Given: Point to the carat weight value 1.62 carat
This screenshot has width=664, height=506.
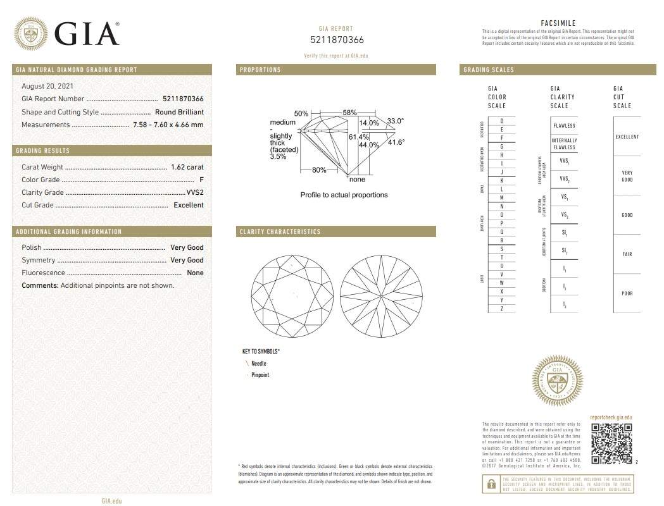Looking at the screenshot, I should click(x=187, y=167).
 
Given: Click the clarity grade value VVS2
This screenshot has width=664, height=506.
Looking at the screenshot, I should click(x=195, y=192).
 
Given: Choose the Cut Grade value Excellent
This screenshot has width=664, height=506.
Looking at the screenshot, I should click(x=189, y=205).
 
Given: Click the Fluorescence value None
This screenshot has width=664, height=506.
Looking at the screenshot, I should click(x=195, y=273).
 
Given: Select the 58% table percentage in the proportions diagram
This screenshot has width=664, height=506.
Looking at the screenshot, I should click(x=349, y=112).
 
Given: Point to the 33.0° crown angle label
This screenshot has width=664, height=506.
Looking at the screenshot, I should click(x=396, y=121).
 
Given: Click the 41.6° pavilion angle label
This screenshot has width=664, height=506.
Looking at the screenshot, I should click(x=396, y=142).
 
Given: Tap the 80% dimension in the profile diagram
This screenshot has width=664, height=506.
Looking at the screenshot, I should click(x=319, y=170).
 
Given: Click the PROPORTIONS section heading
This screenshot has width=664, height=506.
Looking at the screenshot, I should click(x=260, y=70).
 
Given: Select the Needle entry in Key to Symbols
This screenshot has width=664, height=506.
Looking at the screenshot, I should click(x=259, y=364).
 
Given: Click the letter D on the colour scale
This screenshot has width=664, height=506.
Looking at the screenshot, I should click(x=502, y=120).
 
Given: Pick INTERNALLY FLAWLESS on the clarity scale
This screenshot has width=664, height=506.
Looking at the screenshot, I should click(x=564, y=144).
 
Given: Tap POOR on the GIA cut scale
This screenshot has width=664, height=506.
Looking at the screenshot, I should click(x=627, y=293).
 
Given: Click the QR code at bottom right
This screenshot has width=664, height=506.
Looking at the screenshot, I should click(x=611, y=443).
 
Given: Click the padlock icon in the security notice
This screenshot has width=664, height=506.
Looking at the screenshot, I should click(x=491, y=484).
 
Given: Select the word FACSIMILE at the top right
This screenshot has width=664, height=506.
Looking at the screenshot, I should click(x=558, y=23).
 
